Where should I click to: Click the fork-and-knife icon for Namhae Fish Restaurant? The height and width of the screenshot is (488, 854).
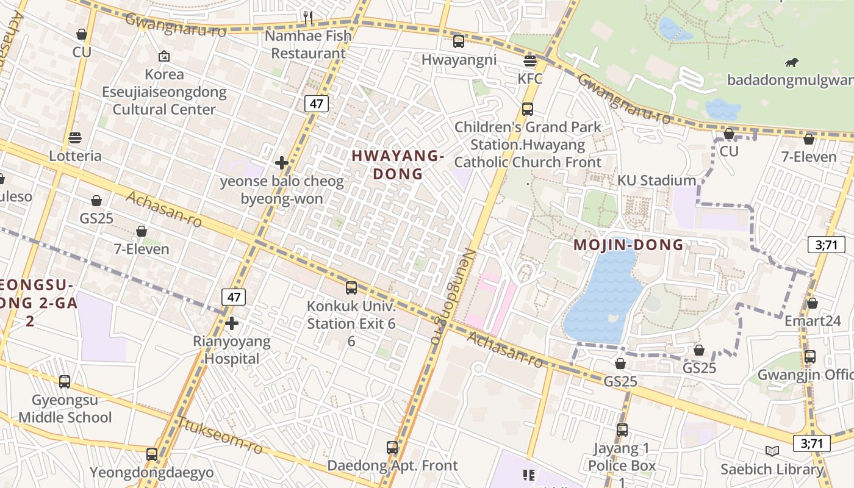[308, 17]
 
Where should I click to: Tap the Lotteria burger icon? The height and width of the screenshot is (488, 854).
[75, 138]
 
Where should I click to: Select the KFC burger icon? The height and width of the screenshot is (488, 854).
[529, 60]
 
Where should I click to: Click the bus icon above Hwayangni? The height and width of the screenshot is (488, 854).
[459, 41]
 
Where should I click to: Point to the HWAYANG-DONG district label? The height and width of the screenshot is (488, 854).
[398, 165]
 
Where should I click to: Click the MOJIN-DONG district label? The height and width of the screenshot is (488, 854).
[628, 245]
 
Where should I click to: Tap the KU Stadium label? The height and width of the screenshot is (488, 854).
[656, 181]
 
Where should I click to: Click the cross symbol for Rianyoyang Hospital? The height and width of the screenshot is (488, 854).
[231, 323]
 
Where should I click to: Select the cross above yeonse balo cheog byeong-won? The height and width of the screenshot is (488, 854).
[282, 163]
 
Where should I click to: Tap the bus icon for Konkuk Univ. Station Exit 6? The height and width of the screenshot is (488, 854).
[351, 288]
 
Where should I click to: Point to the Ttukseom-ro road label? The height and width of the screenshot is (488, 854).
[219, 435]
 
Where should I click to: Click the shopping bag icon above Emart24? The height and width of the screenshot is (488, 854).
[812, 303]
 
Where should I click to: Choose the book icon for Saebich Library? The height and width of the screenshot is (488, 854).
[772, 451]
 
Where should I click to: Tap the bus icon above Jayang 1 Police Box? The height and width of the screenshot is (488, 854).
[622, 430]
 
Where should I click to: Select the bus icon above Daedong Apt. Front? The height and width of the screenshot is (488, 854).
[392, 448]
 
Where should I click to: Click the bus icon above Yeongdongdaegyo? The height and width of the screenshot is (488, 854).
[152, 454]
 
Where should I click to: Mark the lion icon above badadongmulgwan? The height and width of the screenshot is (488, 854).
[792, 62]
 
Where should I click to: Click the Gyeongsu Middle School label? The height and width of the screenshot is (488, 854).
[65, 409]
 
